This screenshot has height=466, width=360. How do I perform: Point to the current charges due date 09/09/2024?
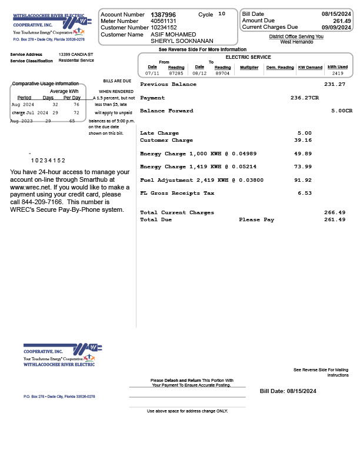[336, 27]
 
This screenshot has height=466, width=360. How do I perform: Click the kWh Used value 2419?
[338, 74]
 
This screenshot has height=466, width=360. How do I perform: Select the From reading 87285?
[176, 74]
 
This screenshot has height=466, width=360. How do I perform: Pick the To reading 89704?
[222, 74]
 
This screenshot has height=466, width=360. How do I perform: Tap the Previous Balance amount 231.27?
[335, 84]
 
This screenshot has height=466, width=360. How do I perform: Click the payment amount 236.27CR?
[305, 98]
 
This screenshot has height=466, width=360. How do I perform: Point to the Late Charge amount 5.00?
[305, 133]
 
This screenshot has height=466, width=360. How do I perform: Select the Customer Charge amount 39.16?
[303, 140]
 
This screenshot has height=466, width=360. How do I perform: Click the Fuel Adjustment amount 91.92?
[303, 180]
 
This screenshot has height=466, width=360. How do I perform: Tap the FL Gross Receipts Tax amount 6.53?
[305, 193]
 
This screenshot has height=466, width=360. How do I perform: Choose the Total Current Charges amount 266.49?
[335, 212]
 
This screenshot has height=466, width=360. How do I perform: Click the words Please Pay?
[256, 219]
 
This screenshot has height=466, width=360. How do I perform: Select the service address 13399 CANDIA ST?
[76, 54]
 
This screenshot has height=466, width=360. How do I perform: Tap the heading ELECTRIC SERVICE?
[248, 57]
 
